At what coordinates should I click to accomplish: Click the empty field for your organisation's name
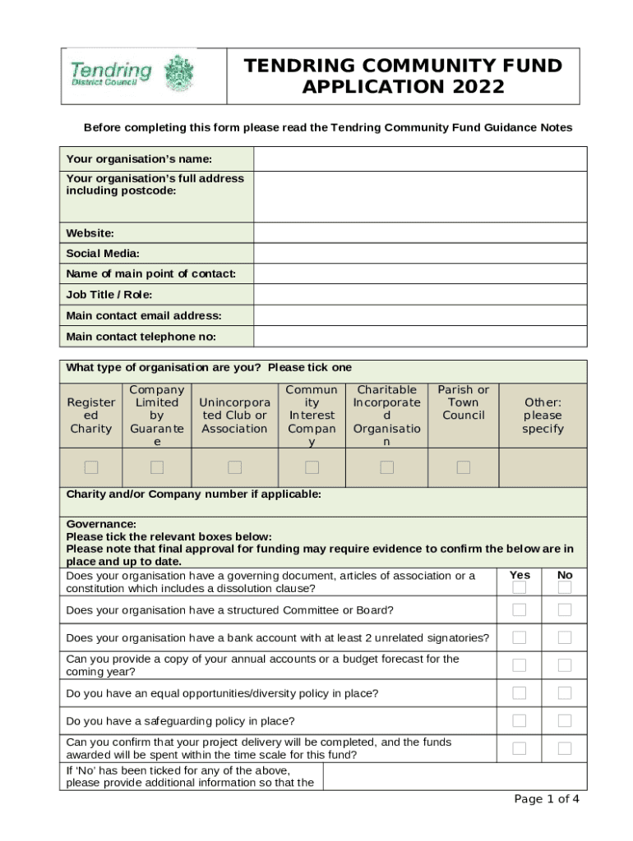tap(419, 159)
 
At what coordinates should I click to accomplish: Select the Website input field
tap(419, 233)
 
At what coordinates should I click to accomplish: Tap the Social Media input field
tap(419, 254)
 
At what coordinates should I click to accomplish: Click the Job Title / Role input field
tap(419, 295)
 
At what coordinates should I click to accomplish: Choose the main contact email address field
tap(419, 315)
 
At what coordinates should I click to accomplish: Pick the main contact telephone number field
tap(419, 337)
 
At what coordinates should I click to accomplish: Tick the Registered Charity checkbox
tap(91, 467)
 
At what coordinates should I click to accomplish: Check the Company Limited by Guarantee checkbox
tap(157, 467)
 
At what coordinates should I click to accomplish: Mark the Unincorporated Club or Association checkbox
tap(235, 467)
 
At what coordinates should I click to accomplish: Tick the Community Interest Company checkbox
tap(312, 467)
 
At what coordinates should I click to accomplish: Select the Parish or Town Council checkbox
tap(464, 467)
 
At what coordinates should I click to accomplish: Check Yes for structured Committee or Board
tap(520, 609)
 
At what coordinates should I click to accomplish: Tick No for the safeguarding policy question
tap(565, 720)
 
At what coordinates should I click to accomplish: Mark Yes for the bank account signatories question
tap(520, 637)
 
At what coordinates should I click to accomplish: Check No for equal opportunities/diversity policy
tap(565, 693)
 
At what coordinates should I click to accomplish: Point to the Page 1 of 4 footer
tap(547, 799)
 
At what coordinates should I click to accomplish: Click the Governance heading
tap(101, 524)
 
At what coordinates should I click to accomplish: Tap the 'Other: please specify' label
tap(543, 416)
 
